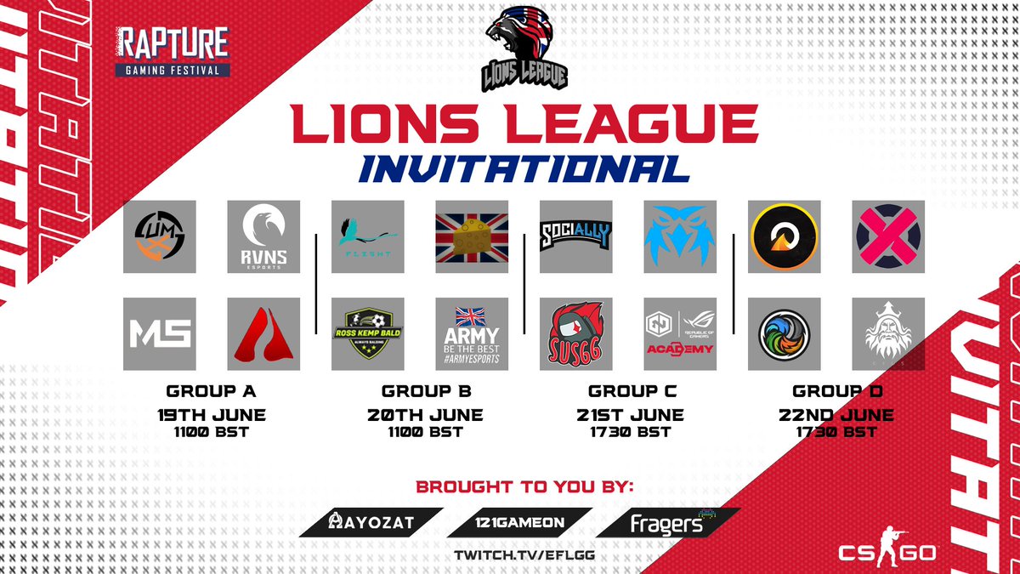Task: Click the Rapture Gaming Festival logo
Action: pos(174,52)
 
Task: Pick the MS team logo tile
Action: pos(160,333)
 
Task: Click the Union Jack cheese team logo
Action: pos(471,236)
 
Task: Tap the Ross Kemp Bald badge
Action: pos(367,333)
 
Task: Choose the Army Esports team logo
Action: pos(471,333)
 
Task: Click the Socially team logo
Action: pos(575,236)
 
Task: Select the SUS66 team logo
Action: pos(575,333)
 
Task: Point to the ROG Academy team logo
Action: pos(679,333)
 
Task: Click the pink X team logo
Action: pos(887,236)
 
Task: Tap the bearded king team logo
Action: pos(887,333)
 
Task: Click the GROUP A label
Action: pos(212,392)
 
